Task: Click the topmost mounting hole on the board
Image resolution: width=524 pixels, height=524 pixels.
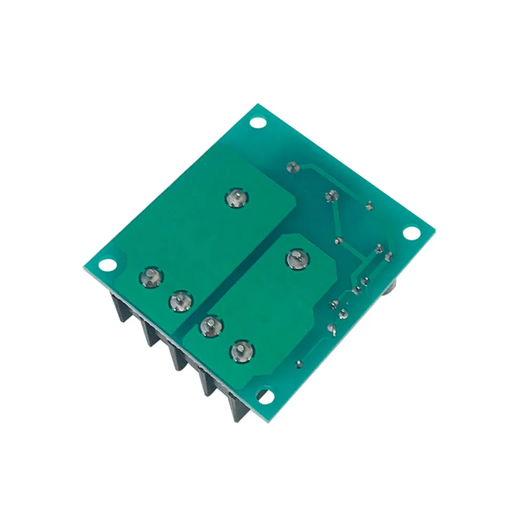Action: click(x=257, y=123)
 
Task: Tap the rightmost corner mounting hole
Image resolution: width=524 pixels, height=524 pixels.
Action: click(x=411, y=231)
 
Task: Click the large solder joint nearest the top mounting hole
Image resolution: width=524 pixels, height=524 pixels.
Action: click(x=237, y=199)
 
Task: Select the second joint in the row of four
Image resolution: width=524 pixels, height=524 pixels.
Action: click(x=180, y=301)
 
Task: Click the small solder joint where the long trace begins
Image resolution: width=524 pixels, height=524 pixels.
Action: click(x=291, y=168)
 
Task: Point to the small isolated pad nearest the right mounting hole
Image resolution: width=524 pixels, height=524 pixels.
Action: click(x=369, y=207)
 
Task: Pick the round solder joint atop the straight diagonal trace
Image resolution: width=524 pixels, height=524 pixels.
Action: click(x=330, y=196)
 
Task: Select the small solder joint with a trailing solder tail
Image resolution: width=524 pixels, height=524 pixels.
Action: click(x=331, y=329)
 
